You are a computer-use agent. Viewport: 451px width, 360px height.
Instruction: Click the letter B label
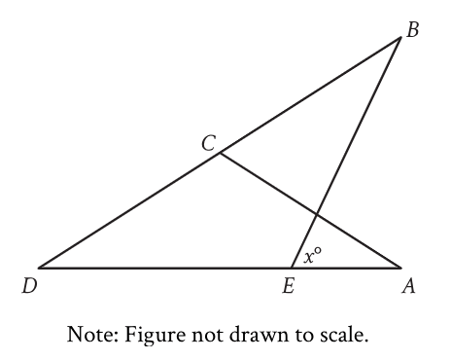(412, 30)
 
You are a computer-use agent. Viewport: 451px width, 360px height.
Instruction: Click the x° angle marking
(312, 257)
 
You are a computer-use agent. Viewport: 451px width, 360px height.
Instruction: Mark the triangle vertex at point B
(400, 38)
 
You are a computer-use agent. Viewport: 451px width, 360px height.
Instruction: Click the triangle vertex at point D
(39, 268)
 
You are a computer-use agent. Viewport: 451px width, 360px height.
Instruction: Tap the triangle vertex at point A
(400, 268)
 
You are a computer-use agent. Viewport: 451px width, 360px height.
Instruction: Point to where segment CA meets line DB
(221, 152)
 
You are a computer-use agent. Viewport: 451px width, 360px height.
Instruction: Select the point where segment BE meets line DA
(292, 268)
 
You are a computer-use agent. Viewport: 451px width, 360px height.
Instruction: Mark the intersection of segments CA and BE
(318, 213)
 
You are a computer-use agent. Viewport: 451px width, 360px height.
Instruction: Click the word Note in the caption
(88, 336)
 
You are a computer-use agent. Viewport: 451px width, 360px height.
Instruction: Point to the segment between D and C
(129, 209)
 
